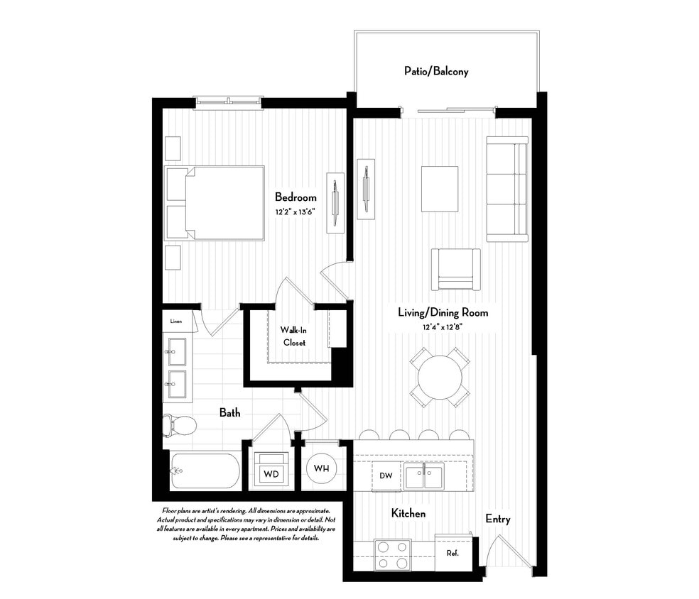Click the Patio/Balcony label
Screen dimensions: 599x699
tap(436, 72)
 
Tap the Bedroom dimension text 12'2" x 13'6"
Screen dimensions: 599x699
tap(296, 211)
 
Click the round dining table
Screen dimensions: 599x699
tap(439, 377)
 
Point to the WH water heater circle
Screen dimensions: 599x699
tap(321, 468)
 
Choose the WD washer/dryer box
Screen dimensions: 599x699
tap(271, 473)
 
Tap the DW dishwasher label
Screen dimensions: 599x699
tap(386, 475)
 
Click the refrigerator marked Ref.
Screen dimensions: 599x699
tap(453, 552)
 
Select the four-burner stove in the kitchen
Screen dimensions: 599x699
tap(392, 555)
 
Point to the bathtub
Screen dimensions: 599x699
tap(205, 471)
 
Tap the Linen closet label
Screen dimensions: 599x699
tap(175, 322)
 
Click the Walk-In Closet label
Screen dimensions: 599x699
tap(293, 336)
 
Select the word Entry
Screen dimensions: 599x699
tap(497, 519)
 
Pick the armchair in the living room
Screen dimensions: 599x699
tap(455, 269)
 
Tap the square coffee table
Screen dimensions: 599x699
tap(440, 188)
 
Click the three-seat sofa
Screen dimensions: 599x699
tap(506, 188)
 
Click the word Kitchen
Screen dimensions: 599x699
tap(408, 513)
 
